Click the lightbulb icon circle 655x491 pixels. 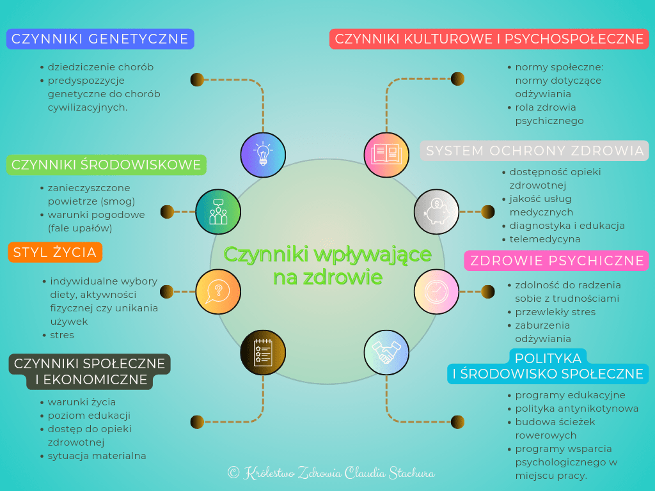pyautogui.click(x=263, y=155)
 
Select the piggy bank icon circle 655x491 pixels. pyautogui.click(x=436, y=211)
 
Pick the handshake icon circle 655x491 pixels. pyautogui.click(x=386, y=352)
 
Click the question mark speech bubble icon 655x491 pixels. pyautogui.click(x=218, y=292)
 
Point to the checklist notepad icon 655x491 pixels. pyautogui.click(x=263, y=352)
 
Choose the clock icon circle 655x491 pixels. pyautogui.click(x=436, y=292)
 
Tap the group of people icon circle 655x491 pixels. pyautogui.click(x=218, y=211)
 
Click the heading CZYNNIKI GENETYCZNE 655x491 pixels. pyautogui.click(x=100, y=39)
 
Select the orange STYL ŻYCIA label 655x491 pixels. pyautogui.click(x=55, y=253)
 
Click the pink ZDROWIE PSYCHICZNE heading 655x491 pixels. pyautogui.click(x=556, y=261)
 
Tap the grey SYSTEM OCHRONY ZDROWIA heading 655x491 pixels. pyautogui.click(x=535, y=151)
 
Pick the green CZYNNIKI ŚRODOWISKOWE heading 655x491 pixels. pyautogui.click(x=106, y=165)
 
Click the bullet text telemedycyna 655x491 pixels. pyautogui.click(x=545, y=239)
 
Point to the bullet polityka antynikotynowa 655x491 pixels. pyautogui.click(x=576, y=409)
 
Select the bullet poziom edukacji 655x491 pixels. pyautogui.click(x=89, y=416)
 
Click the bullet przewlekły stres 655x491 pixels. pyautogui.click(x=555, y=312)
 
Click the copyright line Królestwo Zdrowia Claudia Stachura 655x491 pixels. pyautogui.click(x=331, y=473)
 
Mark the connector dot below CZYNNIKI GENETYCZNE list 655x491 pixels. pyautogui.click(x=196, y=79)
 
